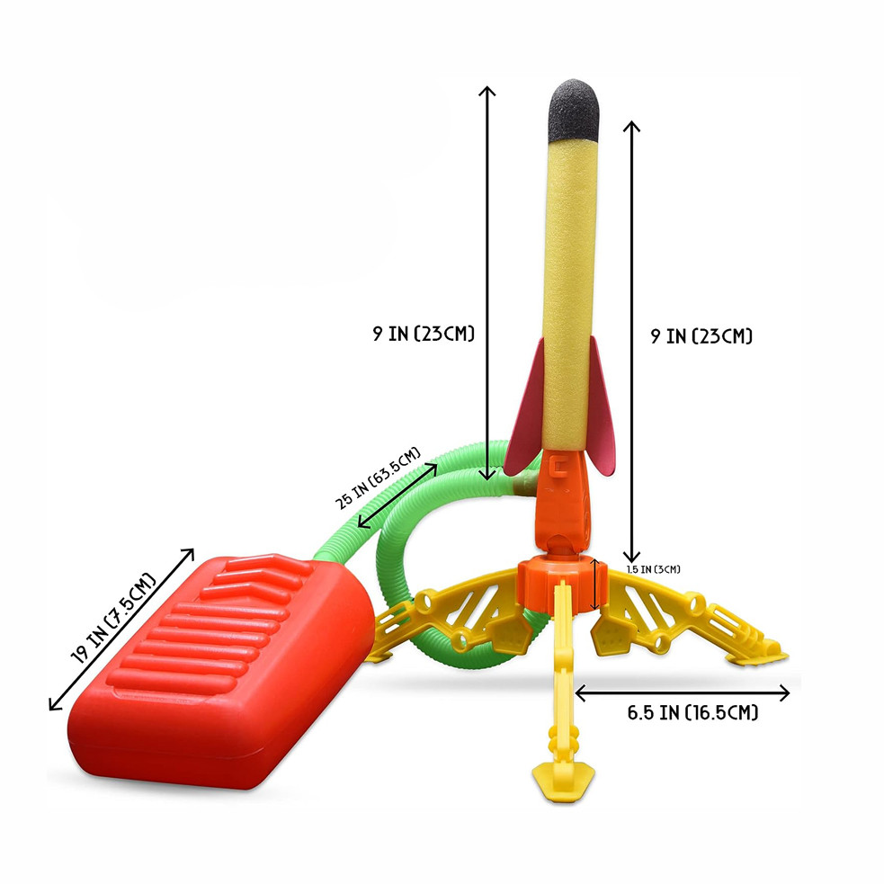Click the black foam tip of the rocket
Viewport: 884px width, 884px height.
pyautogui.click(x=576, y=107)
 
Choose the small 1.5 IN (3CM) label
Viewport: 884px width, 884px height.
pyautogui.click(x=655, y=568)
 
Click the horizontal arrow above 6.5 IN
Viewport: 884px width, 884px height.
pyautogui.click(x=683, y=692)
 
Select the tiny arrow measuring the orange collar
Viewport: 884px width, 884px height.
pyautogui.click(x=597, y=581)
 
